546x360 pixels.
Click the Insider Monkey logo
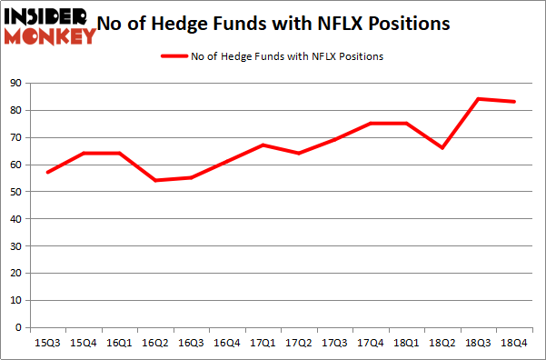point(50,25)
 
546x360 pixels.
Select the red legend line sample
point(174,56)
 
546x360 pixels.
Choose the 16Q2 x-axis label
point(154,342)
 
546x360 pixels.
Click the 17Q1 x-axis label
point(262,342)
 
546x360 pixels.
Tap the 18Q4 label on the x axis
point(514,342)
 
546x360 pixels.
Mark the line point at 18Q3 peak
point(479,99)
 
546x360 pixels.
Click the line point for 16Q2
point(154,180)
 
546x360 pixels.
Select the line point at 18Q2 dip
point(442,147)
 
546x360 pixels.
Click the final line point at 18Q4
point(514,102)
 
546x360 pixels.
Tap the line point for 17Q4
point(371,124)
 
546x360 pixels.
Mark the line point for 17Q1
point(262,145)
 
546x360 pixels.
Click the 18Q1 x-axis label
point(406,342)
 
